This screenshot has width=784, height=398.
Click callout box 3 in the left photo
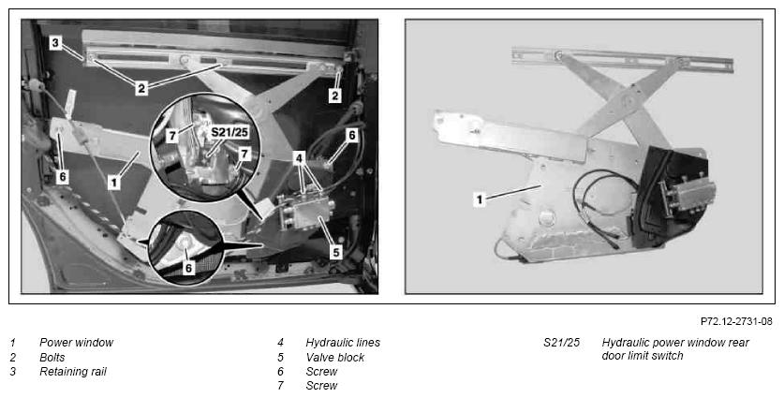(x=55, y=43)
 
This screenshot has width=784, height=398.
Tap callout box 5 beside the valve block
(x=336, y=252)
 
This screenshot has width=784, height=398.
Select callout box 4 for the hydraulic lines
(x=299, y=159)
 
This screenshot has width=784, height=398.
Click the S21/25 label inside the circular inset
(x=229, y=133)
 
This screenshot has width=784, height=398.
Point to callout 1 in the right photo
(x=480, y=200)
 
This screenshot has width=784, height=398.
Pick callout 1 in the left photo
(x=114, y=183)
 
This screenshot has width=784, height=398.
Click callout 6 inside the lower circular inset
(x=188, y=269)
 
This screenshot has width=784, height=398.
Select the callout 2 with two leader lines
(x=141, y=89)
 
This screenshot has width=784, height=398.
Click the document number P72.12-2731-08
(x=736, y=321)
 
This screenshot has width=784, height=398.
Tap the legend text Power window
(x=76, y=343)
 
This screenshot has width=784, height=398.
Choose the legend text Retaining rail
(x=72, y=372)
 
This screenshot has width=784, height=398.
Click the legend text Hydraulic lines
(x=343, y=343)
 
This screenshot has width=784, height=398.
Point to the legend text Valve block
(x=335, y=358)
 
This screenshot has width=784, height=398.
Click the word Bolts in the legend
(x=52, y=358)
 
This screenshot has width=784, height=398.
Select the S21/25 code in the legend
(x=561, y=343)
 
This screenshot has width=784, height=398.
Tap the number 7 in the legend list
(x=280, y=386)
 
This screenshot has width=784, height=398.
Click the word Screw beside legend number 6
(x=321, y=372)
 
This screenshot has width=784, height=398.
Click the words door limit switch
(x=642, y=356)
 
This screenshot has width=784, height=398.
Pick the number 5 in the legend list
(x=280, y=358)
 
